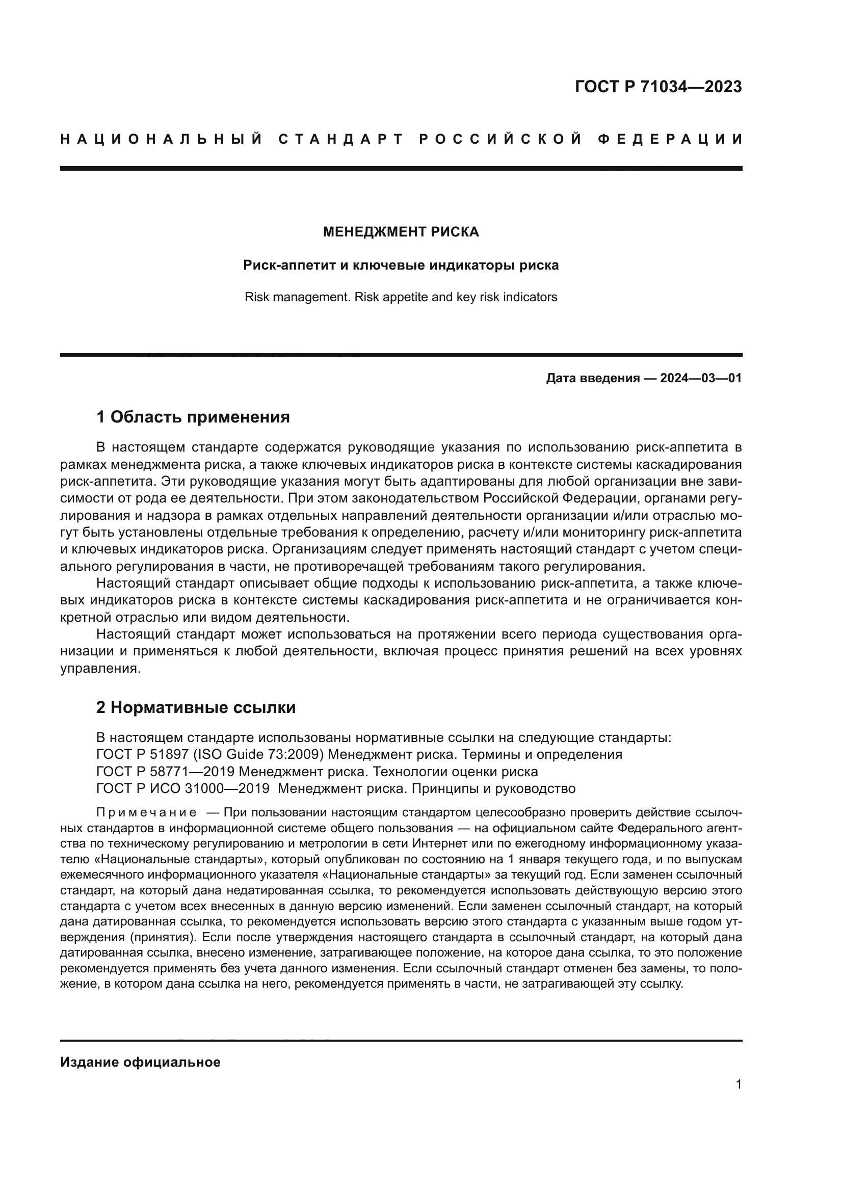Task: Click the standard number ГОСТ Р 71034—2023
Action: [x=658, y=87]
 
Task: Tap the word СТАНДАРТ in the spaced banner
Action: [x=340, y=139]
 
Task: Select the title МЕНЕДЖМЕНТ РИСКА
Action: [x=401, y=232]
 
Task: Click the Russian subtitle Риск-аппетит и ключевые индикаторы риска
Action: [x=401, y=266]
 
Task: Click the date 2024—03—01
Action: [x=701, y=378]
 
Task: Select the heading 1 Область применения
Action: [x=193, y=417]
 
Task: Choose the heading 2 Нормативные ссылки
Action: [x=196, y=708]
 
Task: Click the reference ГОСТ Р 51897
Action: [x=136, y=754]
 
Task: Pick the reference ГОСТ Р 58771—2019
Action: [x=165, y=771]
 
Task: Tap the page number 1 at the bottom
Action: [x=739, y=1084]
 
